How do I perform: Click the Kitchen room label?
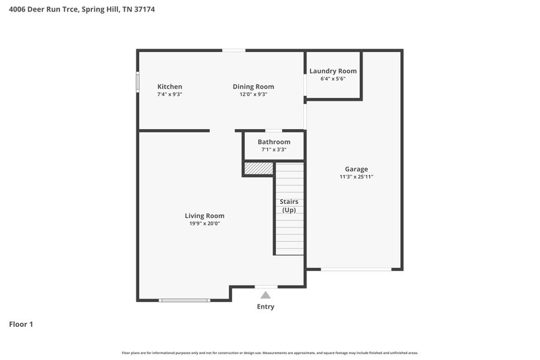[169, 86]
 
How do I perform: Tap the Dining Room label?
[253, 86]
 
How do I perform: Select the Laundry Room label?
[333, 71]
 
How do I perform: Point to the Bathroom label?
[273, 142]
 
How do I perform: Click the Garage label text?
[356, 169]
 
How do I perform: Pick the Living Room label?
[205, 215]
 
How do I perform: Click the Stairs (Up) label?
[289, 206]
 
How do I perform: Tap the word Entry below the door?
[265, 307]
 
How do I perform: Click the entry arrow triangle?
[265, 295]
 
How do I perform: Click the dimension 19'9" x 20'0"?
[205, 224]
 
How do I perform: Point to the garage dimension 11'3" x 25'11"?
[356, 177]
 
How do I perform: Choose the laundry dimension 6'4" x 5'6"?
[333, 79]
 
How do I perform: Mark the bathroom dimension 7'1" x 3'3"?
[273, 150]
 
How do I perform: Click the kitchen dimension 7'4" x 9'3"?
[169, 95]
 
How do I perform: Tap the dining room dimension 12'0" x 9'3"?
[253, 95]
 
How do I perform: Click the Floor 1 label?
[21, 324]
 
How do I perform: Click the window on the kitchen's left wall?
[138, 82]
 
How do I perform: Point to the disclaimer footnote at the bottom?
[269, 353]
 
